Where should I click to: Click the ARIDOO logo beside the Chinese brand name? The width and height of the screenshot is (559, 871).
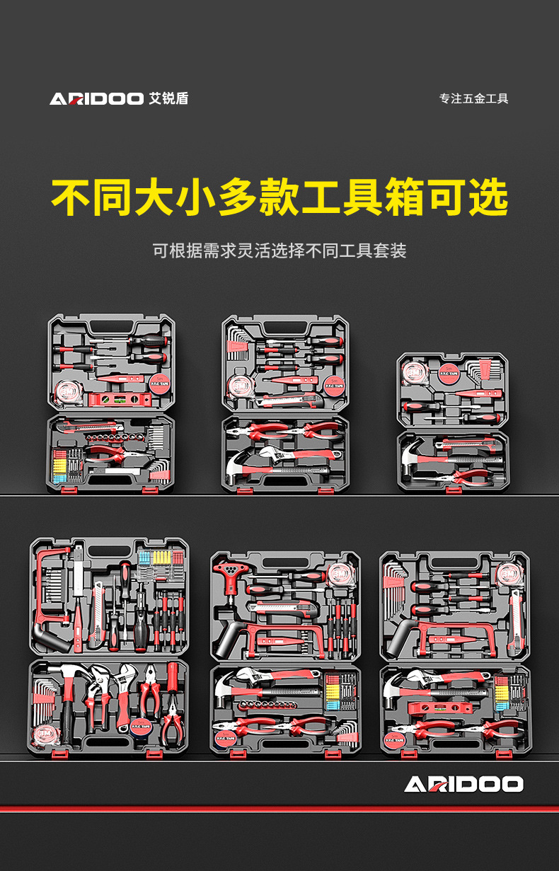pos(97,98)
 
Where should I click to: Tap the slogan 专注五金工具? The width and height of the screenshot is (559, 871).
pos(474,98)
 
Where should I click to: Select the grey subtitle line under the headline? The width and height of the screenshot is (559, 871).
pos(279,250)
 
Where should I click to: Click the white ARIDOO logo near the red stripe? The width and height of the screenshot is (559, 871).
pos(463,784)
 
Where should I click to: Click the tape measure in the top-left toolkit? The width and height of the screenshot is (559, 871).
pos(69,391)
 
